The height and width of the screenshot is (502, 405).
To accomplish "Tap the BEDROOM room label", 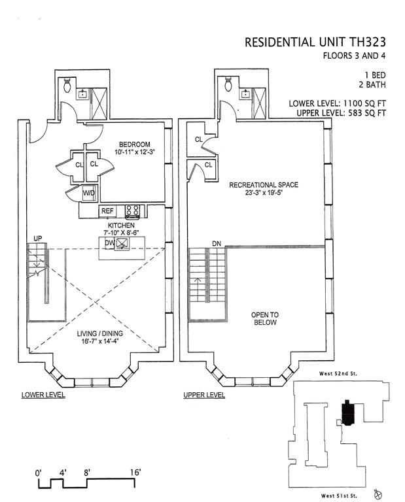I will pos(134,144).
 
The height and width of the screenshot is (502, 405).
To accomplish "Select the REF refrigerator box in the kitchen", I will pos(107,211).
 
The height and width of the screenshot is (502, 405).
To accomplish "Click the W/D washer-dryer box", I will pos(88,194).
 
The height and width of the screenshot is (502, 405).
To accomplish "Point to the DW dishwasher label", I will pos(109,243).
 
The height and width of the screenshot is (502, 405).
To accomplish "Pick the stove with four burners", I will pos(132,210).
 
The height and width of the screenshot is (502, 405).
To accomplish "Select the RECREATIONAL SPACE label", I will pos(263,185).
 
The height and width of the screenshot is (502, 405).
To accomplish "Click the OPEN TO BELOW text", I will pos(264,318).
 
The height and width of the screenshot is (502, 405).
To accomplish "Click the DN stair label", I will pos(216,244).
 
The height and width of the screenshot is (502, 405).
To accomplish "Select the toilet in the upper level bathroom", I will pos(228,84).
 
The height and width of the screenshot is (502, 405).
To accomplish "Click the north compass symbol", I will pos(377,493).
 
